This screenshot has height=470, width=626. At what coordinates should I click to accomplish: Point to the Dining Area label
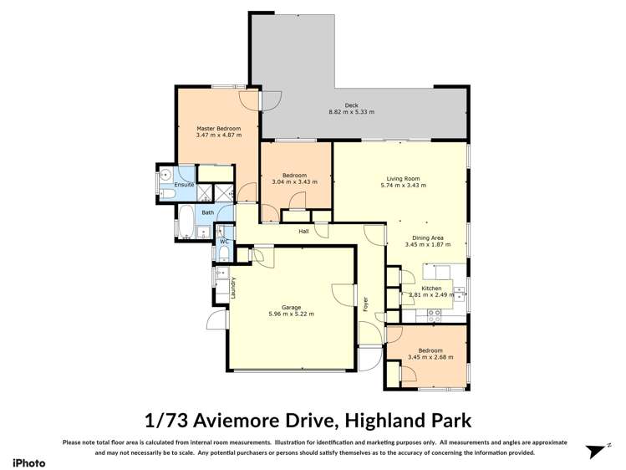click(427, 237)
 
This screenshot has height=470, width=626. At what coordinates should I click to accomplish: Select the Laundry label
click(233, 287)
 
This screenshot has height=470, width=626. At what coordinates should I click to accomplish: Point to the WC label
click(224, 242)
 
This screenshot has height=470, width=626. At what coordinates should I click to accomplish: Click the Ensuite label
click(184, 184)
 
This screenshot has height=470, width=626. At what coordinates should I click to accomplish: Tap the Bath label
click(206, 212)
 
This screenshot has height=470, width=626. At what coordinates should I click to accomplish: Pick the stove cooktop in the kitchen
click(434, 314)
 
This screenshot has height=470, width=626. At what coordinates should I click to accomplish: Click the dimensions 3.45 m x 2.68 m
click(430, 357)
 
